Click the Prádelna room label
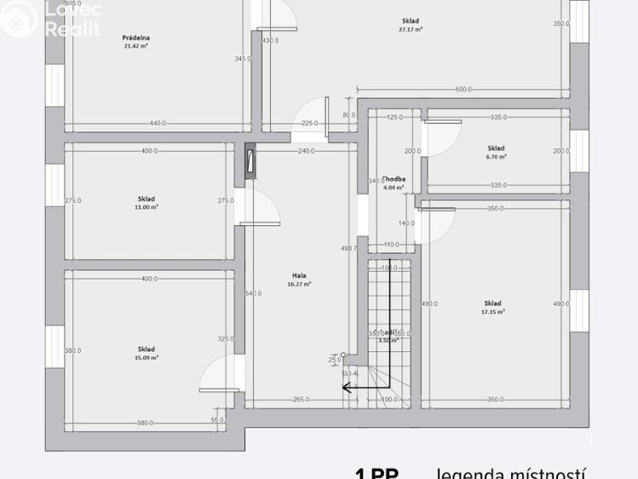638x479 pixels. point(136,38)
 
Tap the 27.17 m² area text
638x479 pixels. point(411,29)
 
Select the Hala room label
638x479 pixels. point(299,275)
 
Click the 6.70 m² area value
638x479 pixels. point(497,157)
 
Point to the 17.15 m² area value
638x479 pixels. point(492,312)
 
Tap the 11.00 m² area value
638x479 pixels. point(147,207)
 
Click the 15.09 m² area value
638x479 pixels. point(147,358)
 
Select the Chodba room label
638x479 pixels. point(394,179)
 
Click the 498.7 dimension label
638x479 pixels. point(348,248)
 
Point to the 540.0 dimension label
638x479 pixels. point(253,293)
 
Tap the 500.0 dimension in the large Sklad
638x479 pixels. point(463,89)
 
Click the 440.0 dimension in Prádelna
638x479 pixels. point(158,124)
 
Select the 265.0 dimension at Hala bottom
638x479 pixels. point(300,399)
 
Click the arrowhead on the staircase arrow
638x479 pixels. point(346,386)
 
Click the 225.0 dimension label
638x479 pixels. point(310,124)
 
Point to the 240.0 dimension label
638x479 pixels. point(307,151)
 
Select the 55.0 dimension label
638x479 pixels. point(217,419)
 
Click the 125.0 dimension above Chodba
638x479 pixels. point(395,117)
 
